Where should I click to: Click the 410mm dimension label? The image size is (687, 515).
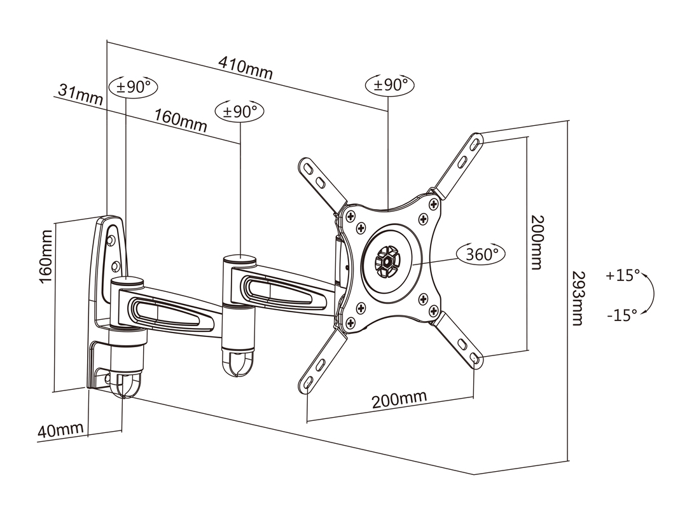pyautogui.click(x=245, y=68)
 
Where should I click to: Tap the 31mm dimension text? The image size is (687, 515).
pyautogui.click(x=81, y=95)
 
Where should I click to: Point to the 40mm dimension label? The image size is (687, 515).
pyautogui.click(x=60, y=430)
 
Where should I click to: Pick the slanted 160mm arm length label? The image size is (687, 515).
pyautogui.click(x=181, y=120)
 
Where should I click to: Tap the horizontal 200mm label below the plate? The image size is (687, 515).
pyautogui.click(x=399, y=400)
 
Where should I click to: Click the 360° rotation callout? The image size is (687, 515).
pyautogui.click(x=481, y=254)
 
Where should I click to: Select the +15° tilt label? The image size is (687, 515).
pyautogui.click(x=622, y=276)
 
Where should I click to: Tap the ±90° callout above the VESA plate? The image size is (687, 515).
pyautogui.click(x=390, y=85)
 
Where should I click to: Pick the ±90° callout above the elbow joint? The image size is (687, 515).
pyautogui.click(x=240, y=111)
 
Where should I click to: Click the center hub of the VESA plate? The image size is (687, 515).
pyautogui.click(x=385, y=260)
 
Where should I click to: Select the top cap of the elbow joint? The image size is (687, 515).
pyautogui.click(x=239, y=259)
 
